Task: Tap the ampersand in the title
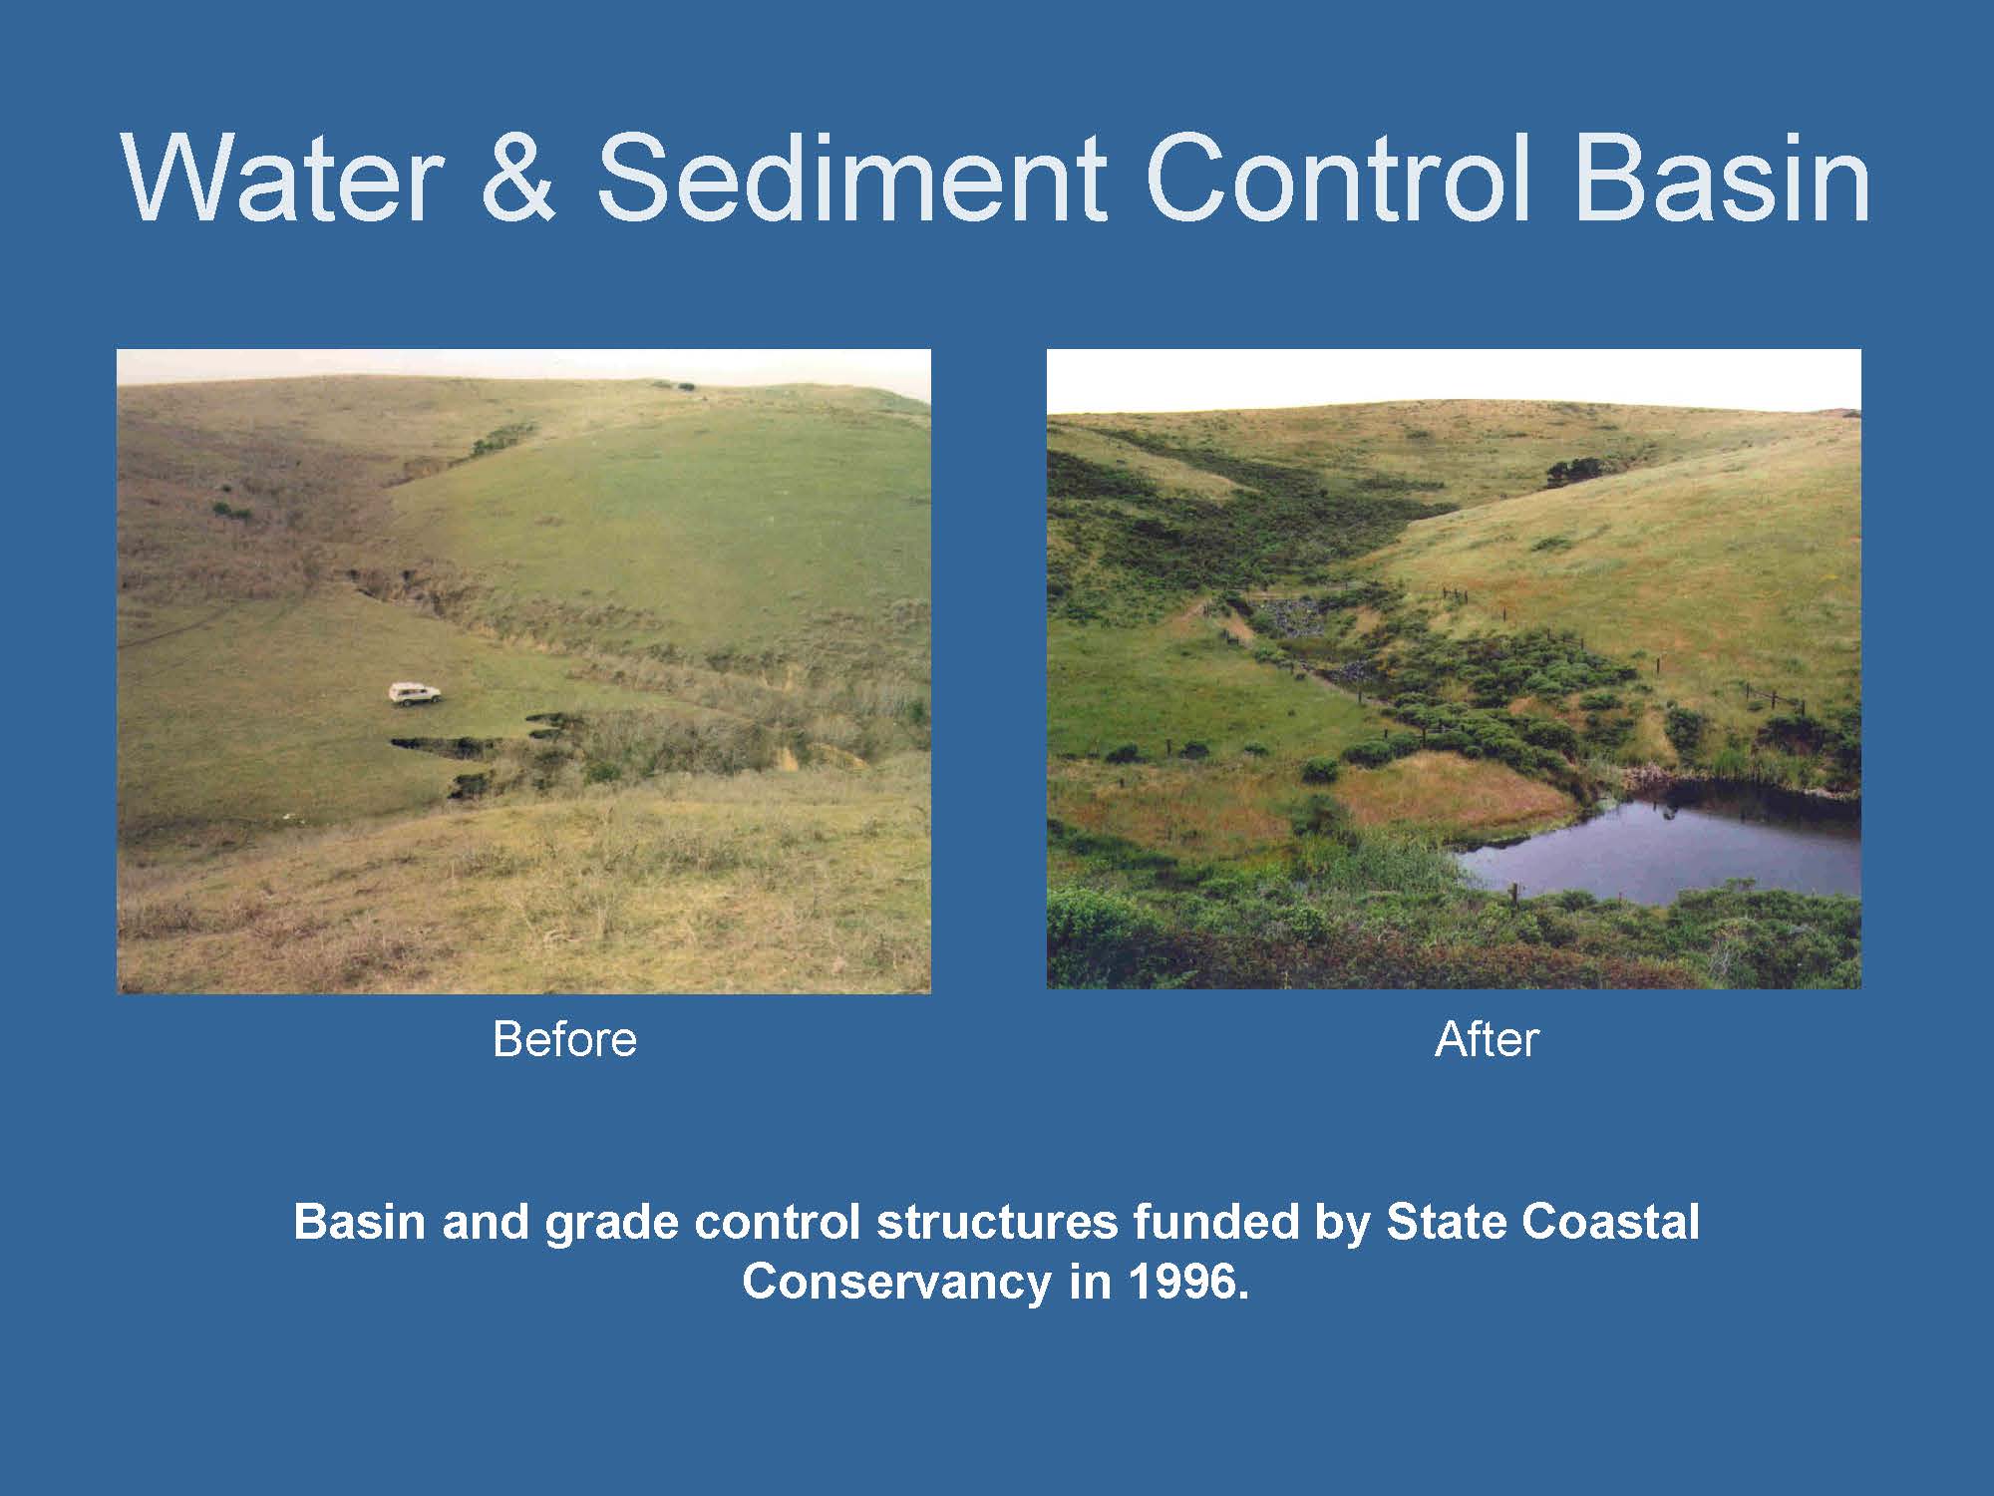[517, 178]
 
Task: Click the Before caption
[564, 1039]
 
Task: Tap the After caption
[1487, 1039]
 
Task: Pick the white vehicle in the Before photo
[415, 694]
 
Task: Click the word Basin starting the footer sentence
[360, 1222]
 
